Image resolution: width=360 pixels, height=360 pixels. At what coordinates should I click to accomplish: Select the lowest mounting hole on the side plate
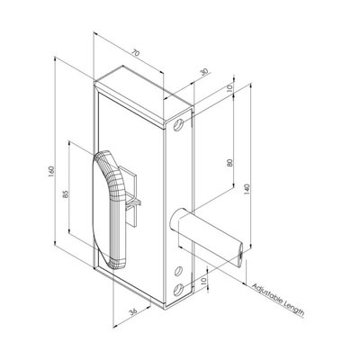coord(180,287)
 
